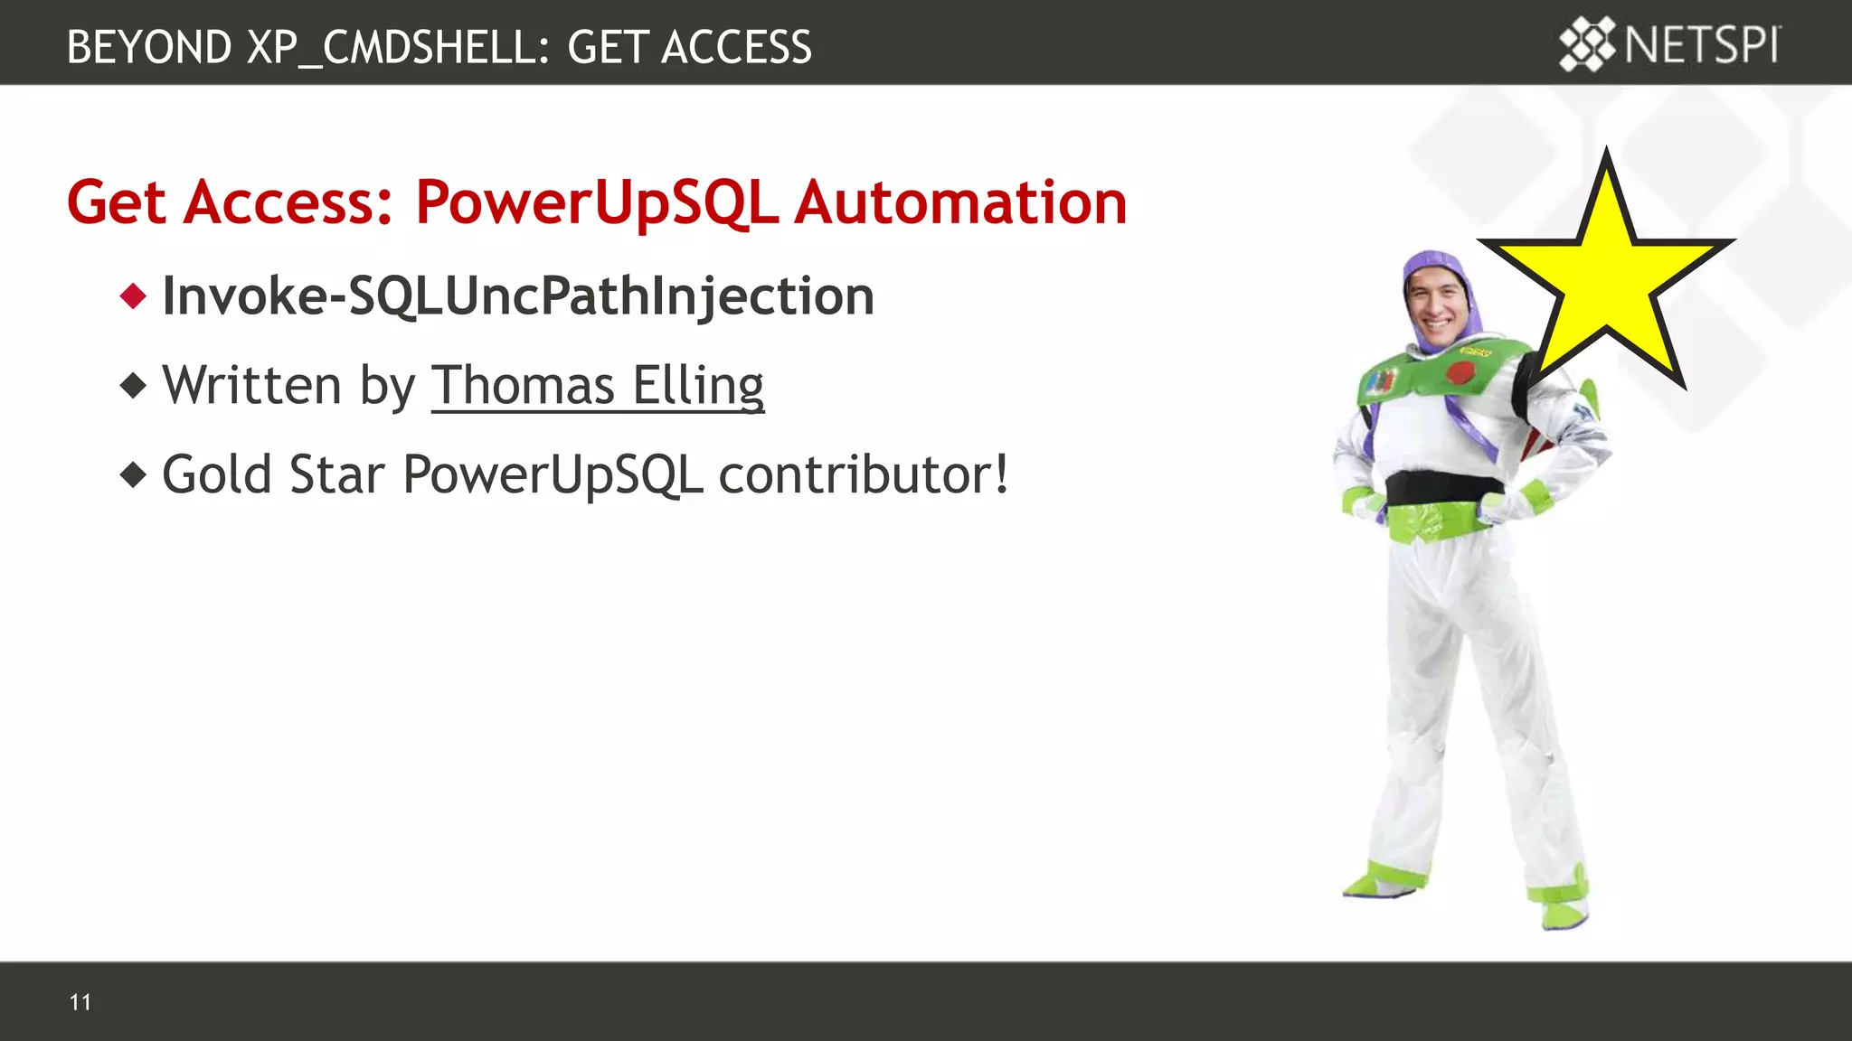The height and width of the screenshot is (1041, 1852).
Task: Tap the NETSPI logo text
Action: click(x=1702, y=45)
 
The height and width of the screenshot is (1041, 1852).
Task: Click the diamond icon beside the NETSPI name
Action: click(x=1586, y=44)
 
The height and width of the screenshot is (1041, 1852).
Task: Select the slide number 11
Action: click(x=80, y=1002)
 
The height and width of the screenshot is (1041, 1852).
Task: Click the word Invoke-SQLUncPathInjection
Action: click(x=518, y=296)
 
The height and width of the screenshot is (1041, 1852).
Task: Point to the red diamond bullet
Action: click(x=133, y=295)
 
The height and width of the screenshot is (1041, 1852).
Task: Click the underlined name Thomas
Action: click(x=523, y=386)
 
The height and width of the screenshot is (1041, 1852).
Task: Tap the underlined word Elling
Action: click(x=697, y=386)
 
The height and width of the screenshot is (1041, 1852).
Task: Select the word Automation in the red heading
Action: click(x=960, y=202)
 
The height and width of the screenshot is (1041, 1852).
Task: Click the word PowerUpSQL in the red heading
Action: click(x=597, y=202)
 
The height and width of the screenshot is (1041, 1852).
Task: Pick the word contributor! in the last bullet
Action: click(x=863, y=474)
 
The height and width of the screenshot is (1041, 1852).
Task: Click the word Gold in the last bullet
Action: click(x=217, y=474)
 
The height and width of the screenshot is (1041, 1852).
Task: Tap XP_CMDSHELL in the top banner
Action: click(x=399, y=47)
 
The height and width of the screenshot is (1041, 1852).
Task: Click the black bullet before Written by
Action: click(x=133, y=386)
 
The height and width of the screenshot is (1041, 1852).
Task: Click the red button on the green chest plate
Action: click(x=1460, y=370)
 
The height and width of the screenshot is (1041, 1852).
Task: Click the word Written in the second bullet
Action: click(x=252, y=386)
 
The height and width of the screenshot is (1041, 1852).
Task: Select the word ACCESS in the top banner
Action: click(x=736, y=47)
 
